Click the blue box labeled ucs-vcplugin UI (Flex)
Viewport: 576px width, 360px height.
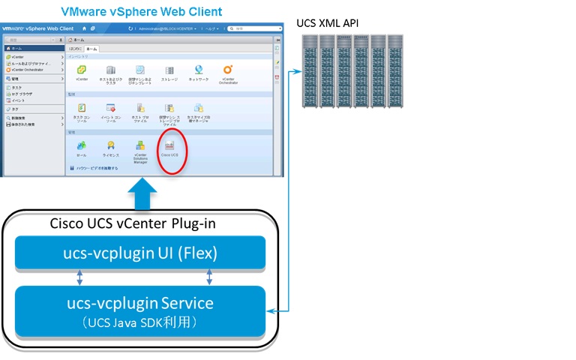tap(140, 253)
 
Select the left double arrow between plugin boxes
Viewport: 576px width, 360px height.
tap(79, 277)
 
